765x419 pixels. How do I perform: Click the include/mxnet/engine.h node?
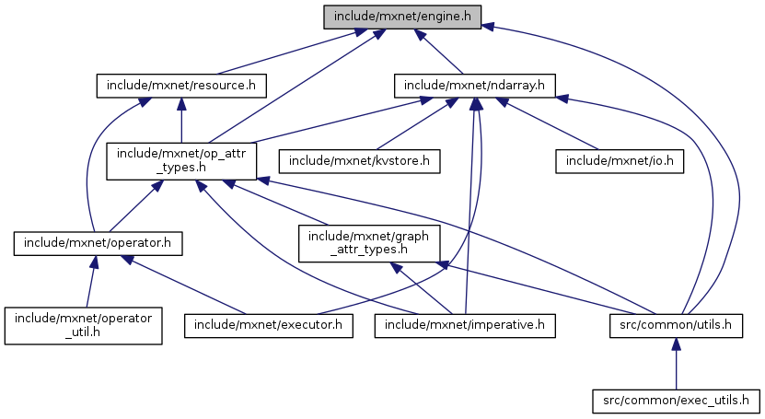[401, 17]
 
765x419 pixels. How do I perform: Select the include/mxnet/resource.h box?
[181, 87]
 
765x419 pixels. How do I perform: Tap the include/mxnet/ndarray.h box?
[471, 87]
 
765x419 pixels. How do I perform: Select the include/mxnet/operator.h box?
[99, 244]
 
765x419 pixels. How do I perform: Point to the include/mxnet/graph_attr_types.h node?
[368, 244]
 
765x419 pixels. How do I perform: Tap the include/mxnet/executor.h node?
[269, 325]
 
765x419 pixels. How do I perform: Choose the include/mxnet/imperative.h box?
[466, 325]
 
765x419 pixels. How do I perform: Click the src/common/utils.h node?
[676, 325]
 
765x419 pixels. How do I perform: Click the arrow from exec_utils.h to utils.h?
[676, 364]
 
